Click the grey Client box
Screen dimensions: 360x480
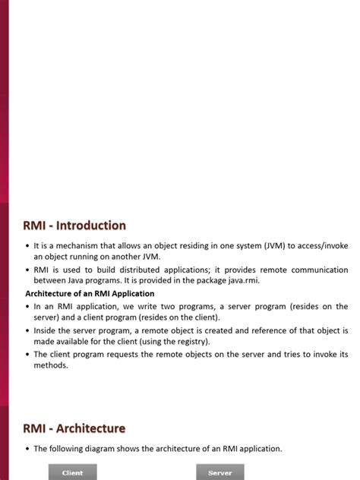point(72,472)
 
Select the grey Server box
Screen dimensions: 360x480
point(219,472)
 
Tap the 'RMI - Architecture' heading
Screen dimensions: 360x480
point(74,428)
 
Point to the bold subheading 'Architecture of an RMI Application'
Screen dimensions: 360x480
point(90,293)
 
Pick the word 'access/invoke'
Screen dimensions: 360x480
point(319,246)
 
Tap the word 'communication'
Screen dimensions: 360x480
point(314,270)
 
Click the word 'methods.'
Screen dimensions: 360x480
point(51,365)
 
